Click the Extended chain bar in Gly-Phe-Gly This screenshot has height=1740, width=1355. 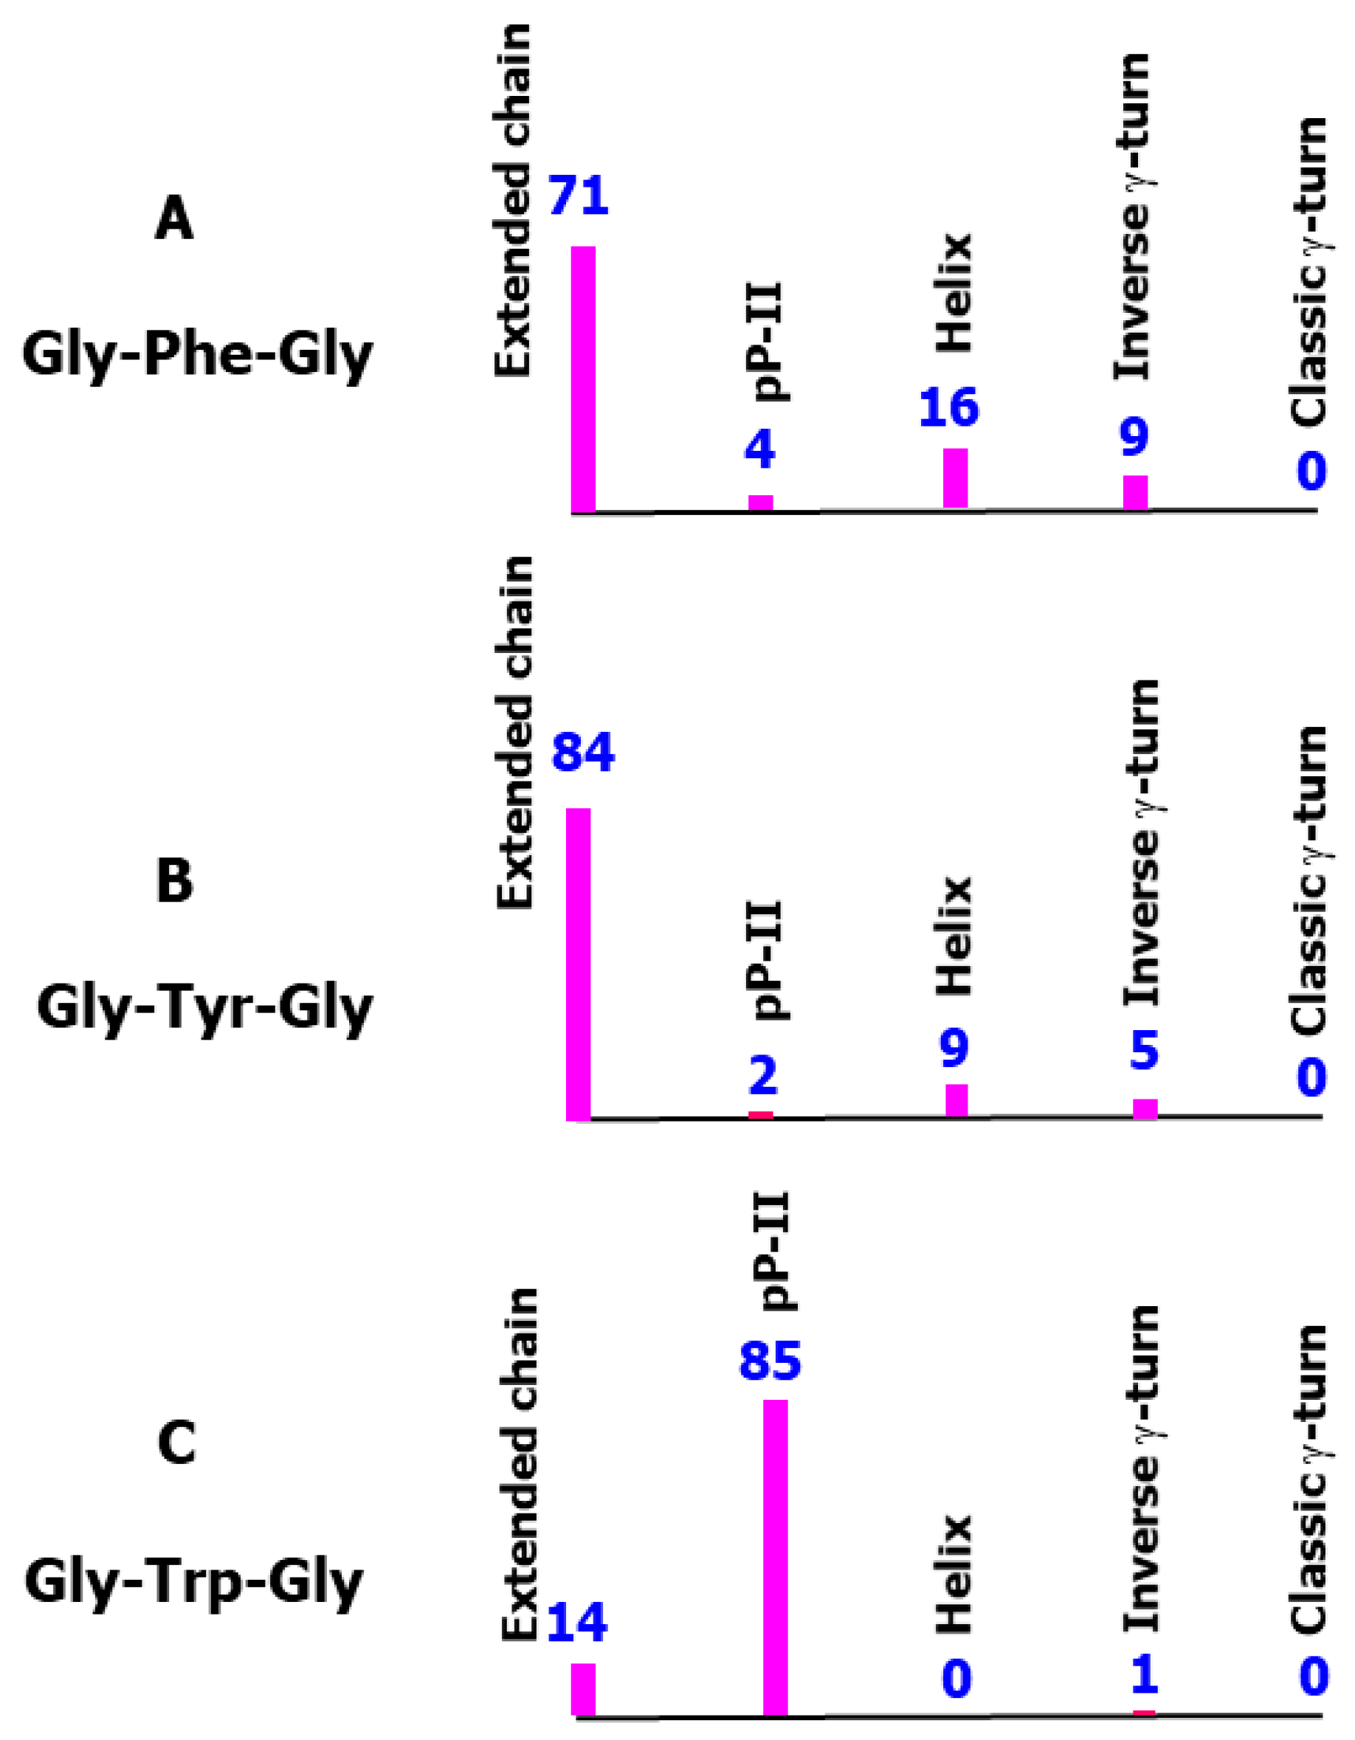tap(583, 379)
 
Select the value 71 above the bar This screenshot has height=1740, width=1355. tap(579, 197)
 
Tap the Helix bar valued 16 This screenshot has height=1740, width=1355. tap(955, 478)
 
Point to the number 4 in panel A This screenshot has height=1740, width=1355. tap(760, 451)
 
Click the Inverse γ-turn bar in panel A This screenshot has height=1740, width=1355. tap(1135, 492)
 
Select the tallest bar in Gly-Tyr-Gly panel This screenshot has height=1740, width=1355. tap(579, 964)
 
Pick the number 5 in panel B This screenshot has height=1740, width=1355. tap(1144, 1051)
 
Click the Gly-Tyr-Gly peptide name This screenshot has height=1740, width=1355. tap(204, 1009)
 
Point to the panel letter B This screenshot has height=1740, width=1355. tap(174, 882)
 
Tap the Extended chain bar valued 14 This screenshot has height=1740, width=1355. tap(583, 1667)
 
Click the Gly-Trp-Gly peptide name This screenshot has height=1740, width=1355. tap(193, 1582)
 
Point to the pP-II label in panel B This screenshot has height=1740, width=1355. tap(770, 961)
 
